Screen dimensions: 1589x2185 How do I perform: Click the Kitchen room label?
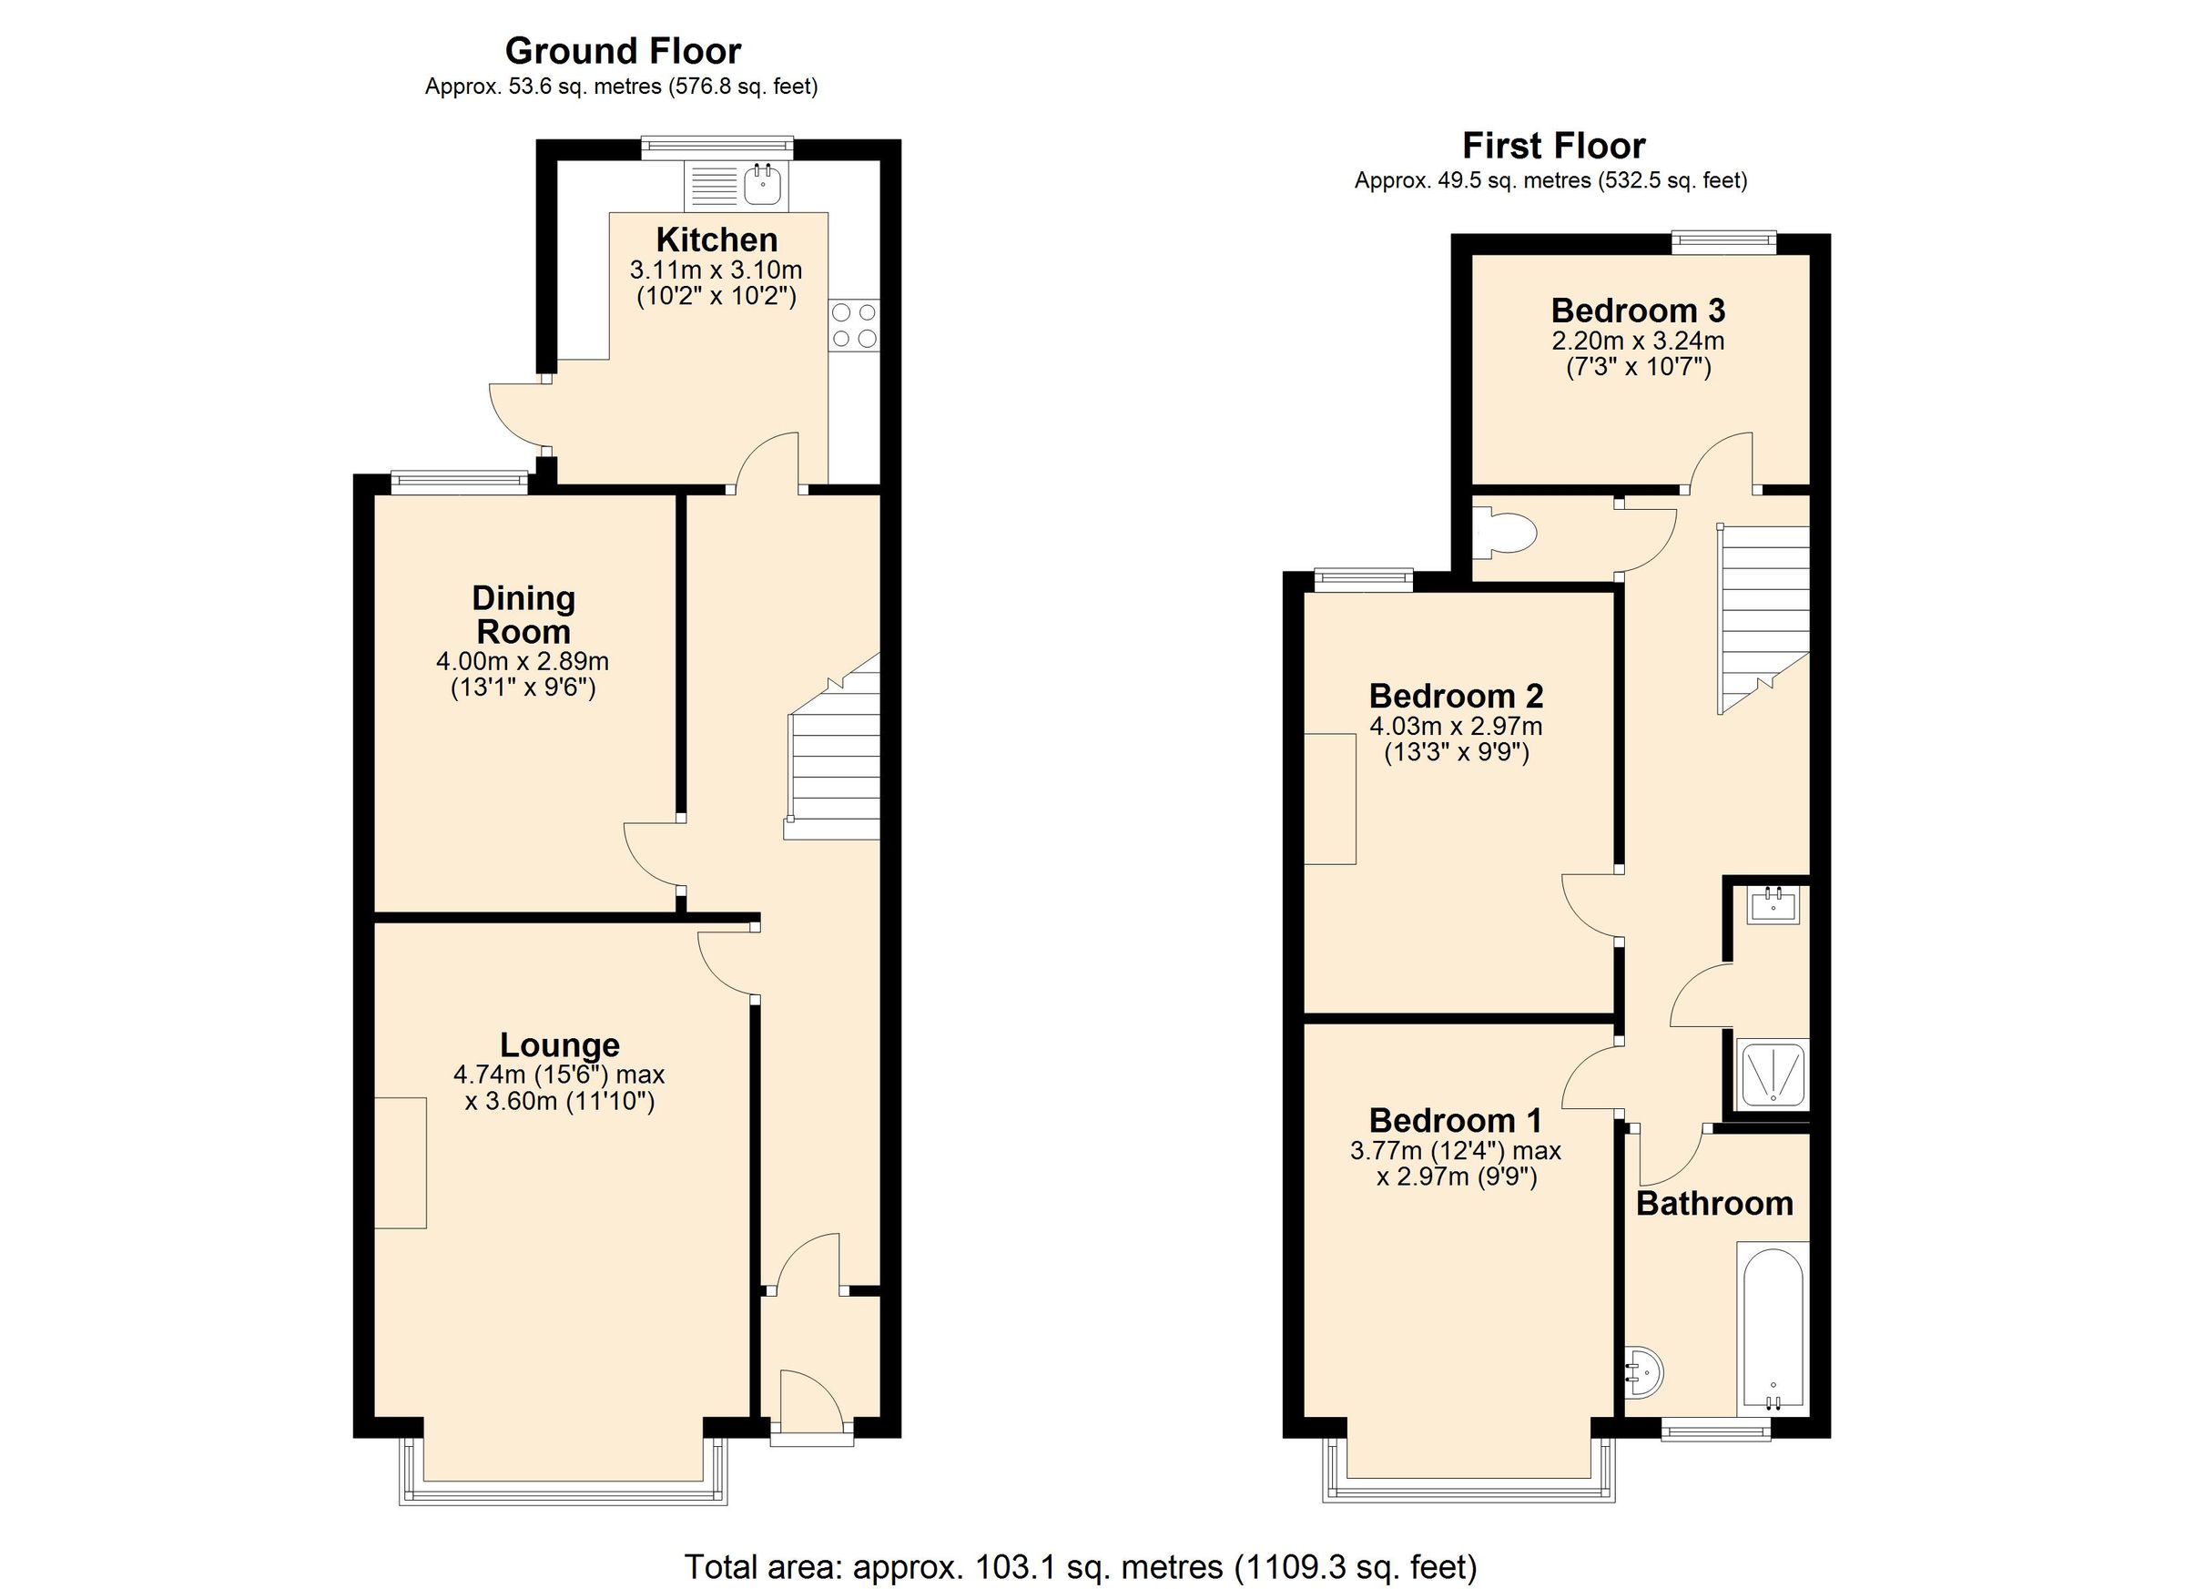pyautogui.click(x=716, y=239)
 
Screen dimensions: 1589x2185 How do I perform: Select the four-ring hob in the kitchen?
pyautogui.click(x=854, y=326)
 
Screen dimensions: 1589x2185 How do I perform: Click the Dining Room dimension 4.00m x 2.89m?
pyautogui.click(x=523, y=662)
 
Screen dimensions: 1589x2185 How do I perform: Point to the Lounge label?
pyautogui.click(x=559, y=1044)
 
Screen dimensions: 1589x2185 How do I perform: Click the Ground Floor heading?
pyautogui.click(x=623, y=50)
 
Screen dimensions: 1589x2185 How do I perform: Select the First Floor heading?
pyautogui.click(x=1553, y=146)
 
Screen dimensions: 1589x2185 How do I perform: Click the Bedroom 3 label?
pyautogui.click(x=1638, y=311)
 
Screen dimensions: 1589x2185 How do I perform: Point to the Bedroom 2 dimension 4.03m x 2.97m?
pyautogui.click(x=1456, y=726)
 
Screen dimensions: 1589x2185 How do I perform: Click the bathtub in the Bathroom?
pyautogui.click(x=1773, y=1328)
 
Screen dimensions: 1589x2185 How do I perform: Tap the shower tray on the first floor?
pyautogui.click(x=1772, y=1074)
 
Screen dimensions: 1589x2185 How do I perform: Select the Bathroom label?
pyautogui.click(x=1714, y=1204)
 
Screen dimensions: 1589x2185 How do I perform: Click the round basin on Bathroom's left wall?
pyautogui.click(x=1643, y=1370)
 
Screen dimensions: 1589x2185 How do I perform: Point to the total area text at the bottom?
pyautogui.click(x=1080, y=1566)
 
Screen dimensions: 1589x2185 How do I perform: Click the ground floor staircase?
pyautogui.click(x=834, y=761)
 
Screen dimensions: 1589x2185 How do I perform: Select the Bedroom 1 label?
pyautogui.click(x=1455, y=1121)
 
